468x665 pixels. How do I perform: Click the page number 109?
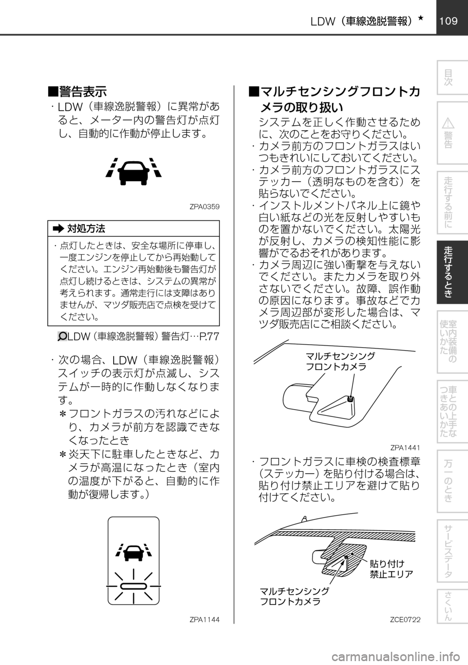448,21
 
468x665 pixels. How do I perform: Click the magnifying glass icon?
62,336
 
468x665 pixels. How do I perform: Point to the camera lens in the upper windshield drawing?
351,398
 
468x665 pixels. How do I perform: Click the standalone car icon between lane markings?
133,172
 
